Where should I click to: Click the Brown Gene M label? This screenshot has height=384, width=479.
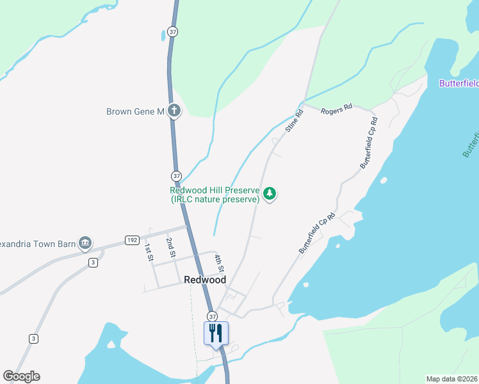pos(135,112)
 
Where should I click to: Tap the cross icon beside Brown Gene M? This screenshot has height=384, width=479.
pos(174,111)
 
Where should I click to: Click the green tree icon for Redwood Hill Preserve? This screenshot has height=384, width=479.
pos(270,193)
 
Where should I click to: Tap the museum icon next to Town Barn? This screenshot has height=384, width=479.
pos(85,243)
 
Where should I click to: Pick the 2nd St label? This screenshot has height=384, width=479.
pos(170,247)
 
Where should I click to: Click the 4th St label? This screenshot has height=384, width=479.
pos(218,262)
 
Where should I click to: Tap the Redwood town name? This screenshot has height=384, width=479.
pos(205,280)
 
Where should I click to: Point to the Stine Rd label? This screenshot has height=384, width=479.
pos(295,122)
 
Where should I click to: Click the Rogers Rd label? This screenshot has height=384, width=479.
pos(337,109)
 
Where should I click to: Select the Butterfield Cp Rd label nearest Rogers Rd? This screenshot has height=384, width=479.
pos(368,142)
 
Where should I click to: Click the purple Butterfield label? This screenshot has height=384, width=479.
pos(459,83)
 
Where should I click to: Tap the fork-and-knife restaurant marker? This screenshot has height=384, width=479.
pos(216,333)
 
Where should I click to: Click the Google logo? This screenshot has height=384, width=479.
pos(21,376)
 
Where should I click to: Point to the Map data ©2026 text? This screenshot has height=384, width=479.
pos(452,379)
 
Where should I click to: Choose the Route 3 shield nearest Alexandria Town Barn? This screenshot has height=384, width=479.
pos(93,262)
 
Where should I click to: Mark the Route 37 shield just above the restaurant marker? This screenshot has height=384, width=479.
pos(213,316)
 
